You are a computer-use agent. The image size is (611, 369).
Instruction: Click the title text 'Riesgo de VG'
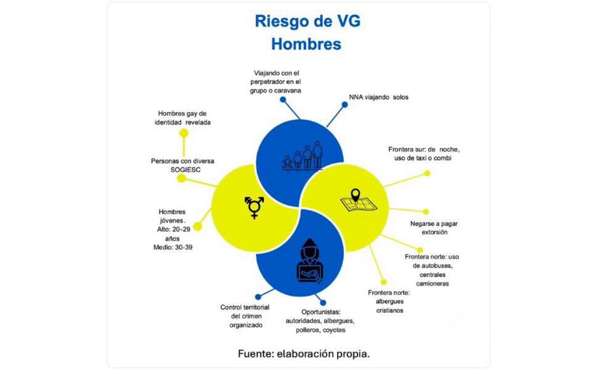(308, 21)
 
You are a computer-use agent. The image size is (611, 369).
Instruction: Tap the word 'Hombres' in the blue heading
(306, 44)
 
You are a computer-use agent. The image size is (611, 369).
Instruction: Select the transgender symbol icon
(254, 207)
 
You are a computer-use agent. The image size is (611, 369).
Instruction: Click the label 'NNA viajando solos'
(378, 97)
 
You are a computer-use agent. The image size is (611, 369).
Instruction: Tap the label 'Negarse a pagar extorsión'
(433, 228)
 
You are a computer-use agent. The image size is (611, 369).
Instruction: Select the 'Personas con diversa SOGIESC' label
(182, 166)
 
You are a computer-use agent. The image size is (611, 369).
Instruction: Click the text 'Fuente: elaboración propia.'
(303, 354)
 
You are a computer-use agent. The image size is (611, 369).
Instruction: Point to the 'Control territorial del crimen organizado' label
(245, 316)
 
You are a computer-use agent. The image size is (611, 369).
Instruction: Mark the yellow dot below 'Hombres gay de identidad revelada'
(183, 133)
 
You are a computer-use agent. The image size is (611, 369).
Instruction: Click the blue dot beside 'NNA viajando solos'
(344, 104)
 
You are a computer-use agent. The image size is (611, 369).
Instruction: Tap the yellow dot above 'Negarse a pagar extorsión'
(426, 212)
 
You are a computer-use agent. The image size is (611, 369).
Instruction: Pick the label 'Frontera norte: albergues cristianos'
(389, 302)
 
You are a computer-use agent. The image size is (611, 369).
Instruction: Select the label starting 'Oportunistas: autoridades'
(320, 321)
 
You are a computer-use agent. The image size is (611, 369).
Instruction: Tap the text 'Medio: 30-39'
(173, 247)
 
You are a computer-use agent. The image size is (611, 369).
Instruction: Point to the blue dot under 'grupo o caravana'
(283, 100)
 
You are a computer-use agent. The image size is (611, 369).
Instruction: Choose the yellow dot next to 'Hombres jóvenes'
(198, 227)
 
